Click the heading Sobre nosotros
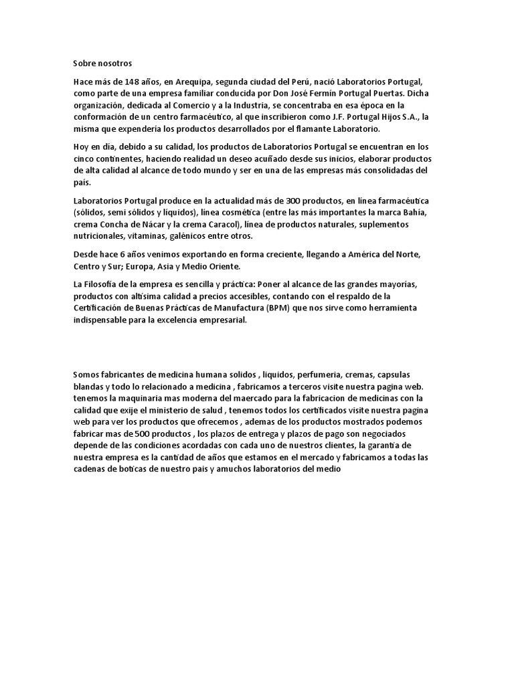click(103, 64)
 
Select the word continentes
click(116, 159)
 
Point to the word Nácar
click(154, 225)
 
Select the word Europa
click(136, 267)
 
